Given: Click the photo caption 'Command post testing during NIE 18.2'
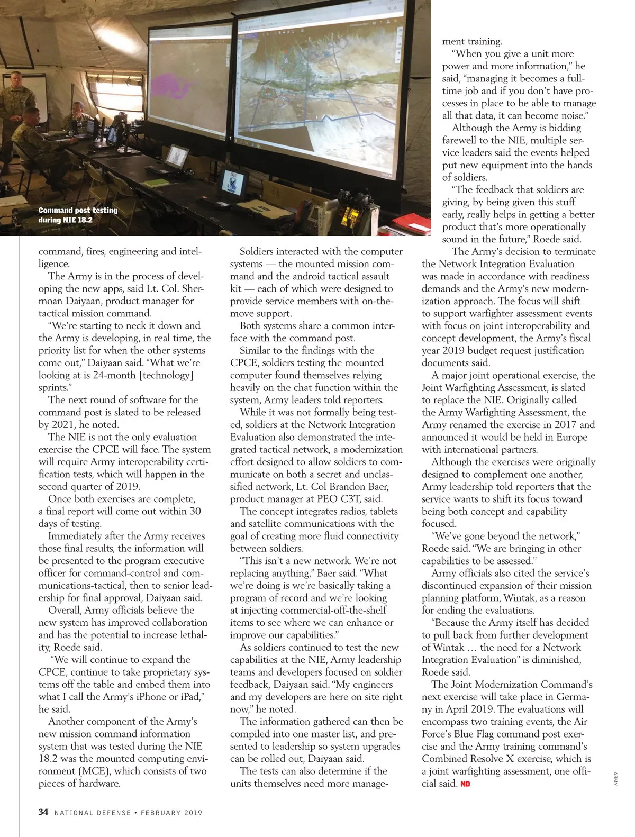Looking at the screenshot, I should point(77,215).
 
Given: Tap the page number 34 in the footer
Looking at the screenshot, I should point(43,812).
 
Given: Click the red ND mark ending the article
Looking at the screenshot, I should point(465,784).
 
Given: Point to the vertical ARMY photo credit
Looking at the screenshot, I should point(615,778).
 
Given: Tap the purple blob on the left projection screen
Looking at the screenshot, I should point(178,83).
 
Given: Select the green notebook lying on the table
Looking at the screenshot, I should point(158,183).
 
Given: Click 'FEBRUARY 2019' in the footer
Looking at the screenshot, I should point(171,813).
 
